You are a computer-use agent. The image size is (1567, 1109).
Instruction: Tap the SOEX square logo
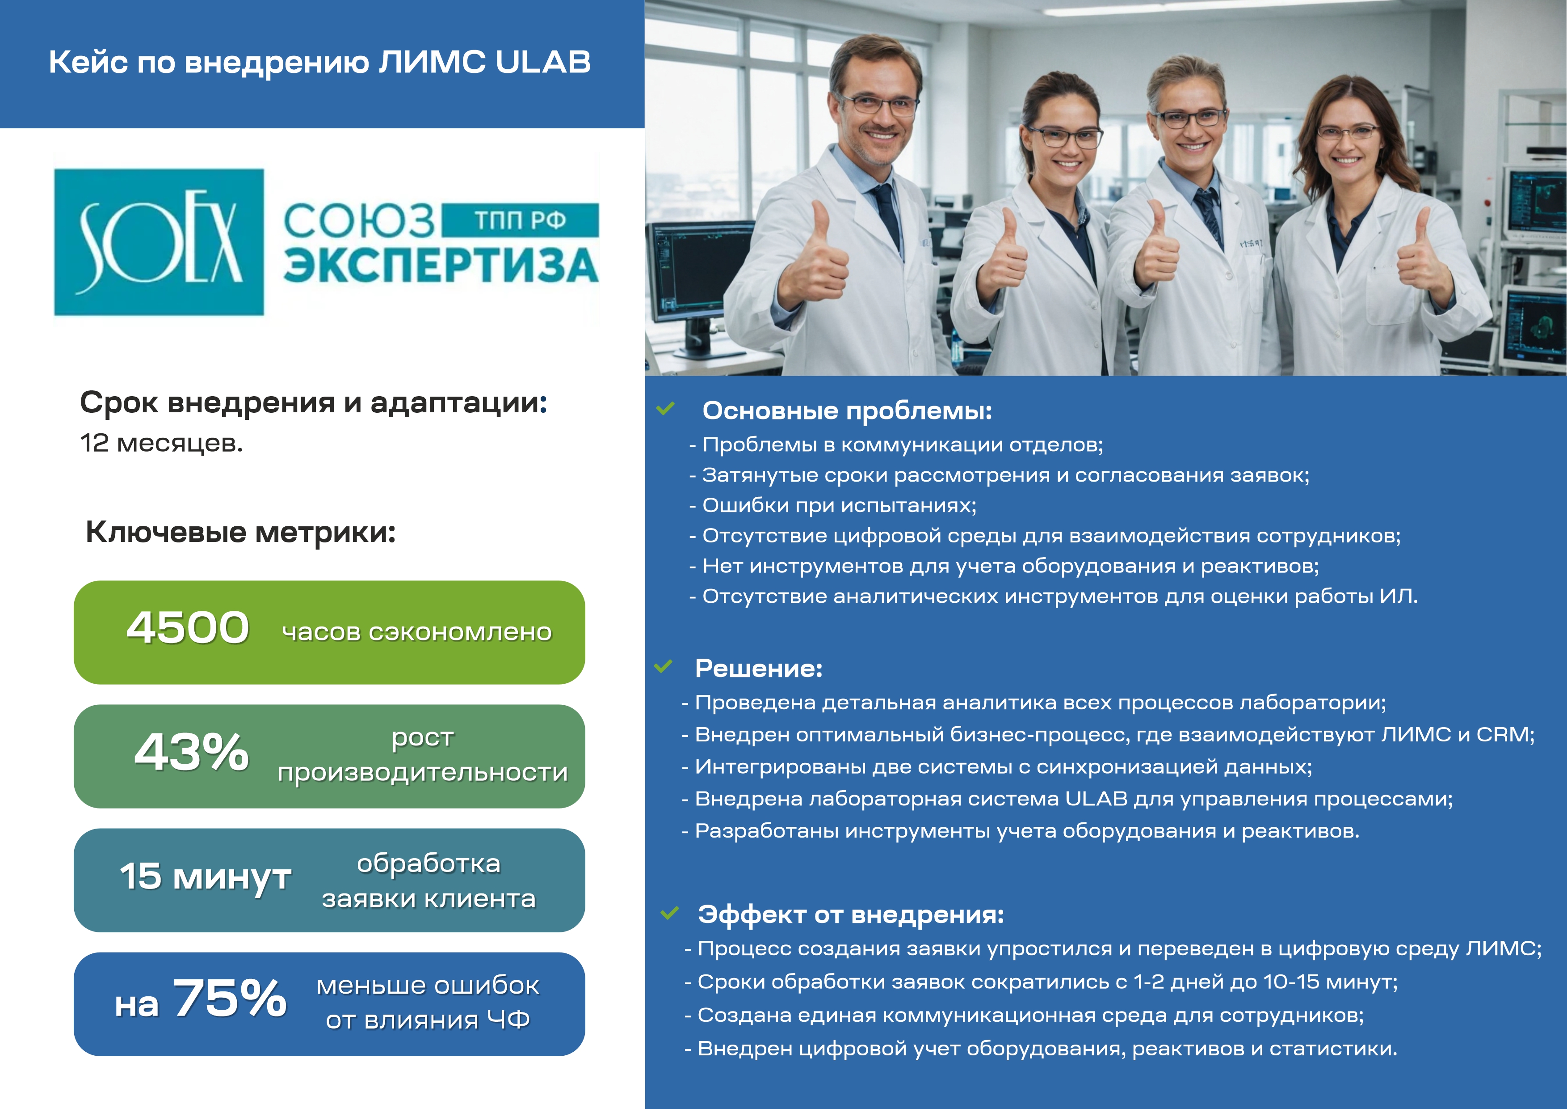coord(159,242)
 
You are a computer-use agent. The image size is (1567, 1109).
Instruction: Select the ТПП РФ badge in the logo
coord(520,220)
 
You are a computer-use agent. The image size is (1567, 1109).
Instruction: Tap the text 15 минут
coord(206,876)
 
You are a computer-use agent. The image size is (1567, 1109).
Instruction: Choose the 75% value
coord(230,998)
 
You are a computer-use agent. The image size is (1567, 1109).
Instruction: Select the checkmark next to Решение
coord(663,666)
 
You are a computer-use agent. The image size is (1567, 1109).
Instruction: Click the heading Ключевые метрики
coord(240,533)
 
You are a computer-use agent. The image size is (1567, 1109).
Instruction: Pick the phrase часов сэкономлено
coord(417,632)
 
